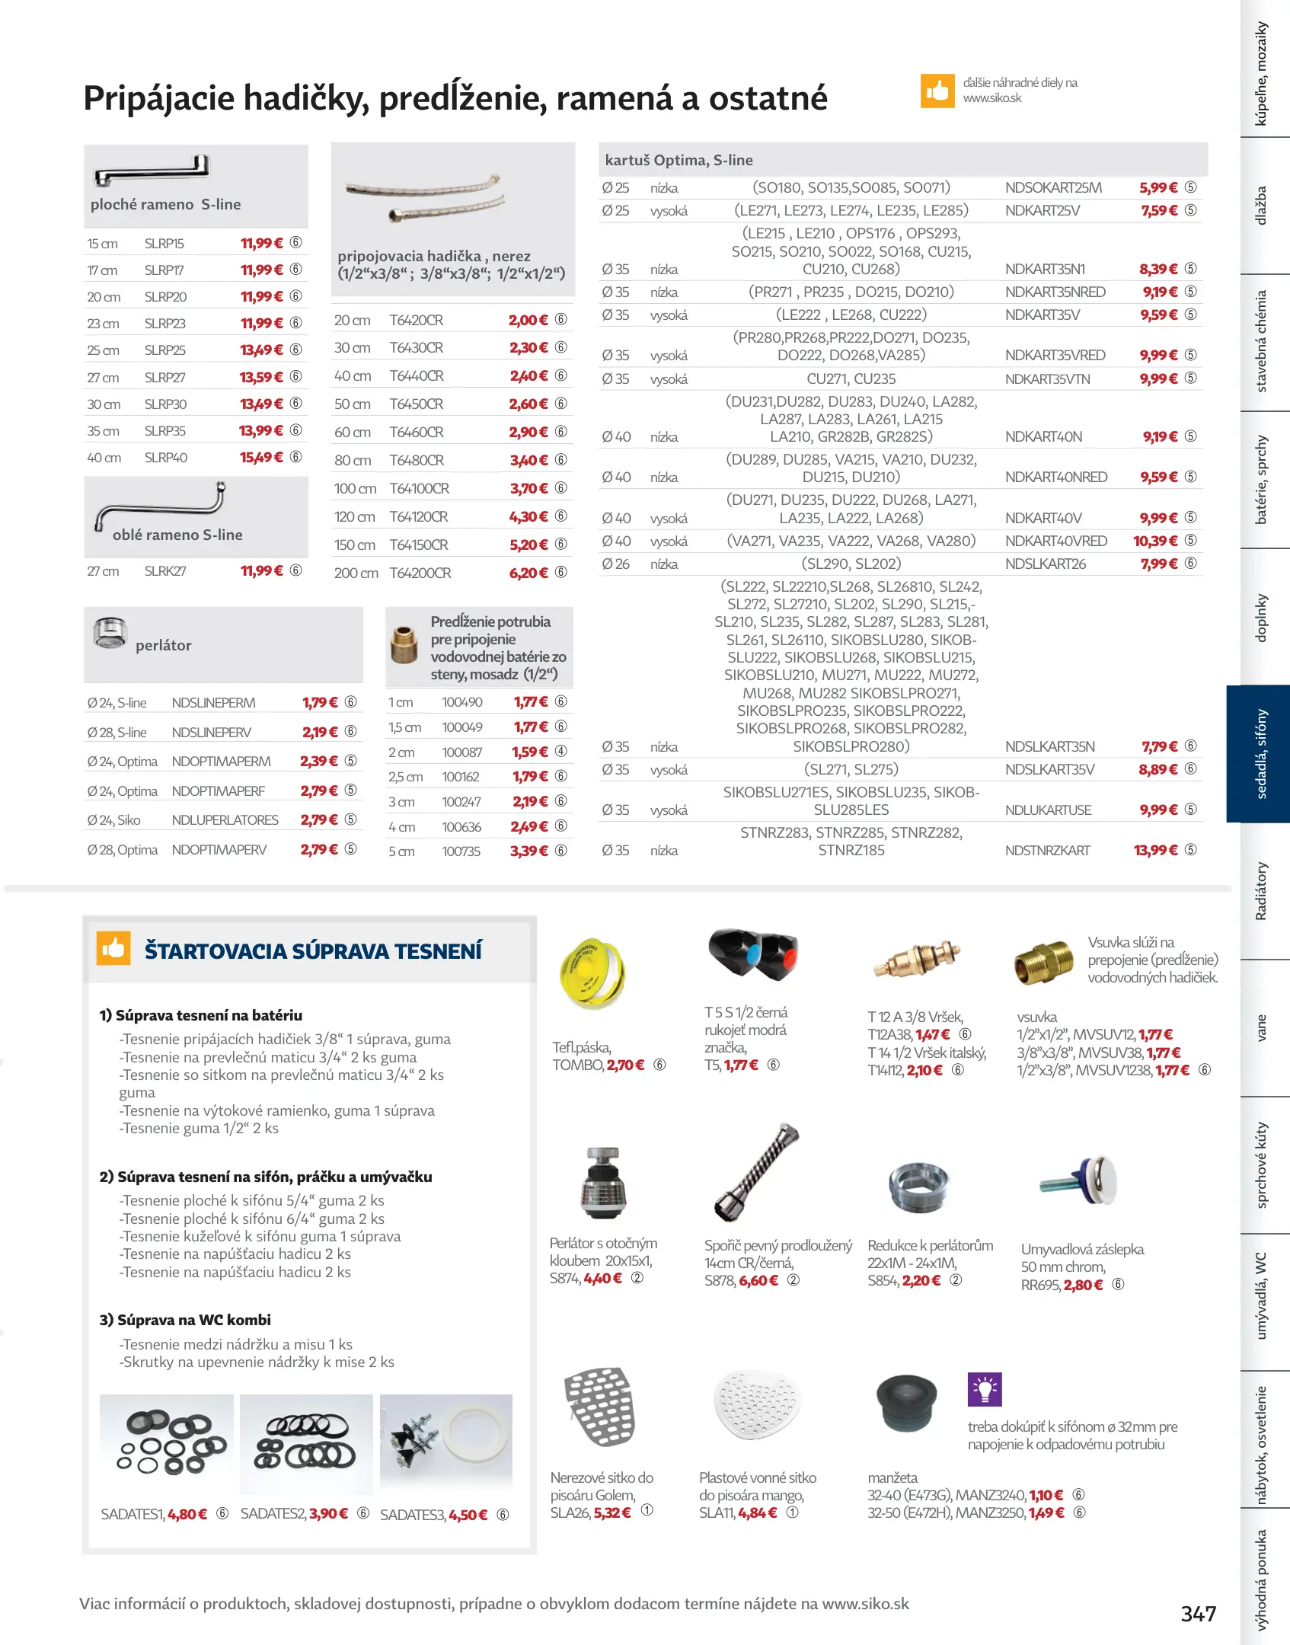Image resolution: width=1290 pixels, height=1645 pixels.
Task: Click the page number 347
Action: click(1198, 1613)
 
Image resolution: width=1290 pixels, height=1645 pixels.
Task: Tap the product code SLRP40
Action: click(165, 458)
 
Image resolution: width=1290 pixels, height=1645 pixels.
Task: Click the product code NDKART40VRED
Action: click(1055, 541)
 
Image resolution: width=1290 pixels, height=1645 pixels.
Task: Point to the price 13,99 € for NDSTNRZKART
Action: click(1155, 850)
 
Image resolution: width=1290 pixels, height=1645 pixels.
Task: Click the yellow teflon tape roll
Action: click(592, 974)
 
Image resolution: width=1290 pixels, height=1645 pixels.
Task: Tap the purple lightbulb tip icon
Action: click(984, 1389)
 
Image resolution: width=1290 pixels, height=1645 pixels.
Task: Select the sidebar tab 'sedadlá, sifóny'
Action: click(1260, 753)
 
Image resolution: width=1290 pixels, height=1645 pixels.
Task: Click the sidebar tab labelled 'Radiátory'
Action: click(1261, 890)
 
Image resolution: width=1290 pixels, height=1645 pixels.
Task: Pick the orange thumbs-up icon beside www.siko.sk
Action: click(937, 91)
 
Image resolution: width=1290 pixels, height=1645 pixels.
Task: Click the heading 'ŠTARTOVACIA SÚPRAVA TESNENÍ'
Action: click(313, 951)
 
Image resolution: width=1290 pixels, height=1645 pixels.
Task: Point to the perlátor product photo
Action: click(110, 633)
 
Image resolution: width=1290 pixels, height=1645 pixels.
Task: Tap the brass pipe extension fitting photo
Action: click(404, 645)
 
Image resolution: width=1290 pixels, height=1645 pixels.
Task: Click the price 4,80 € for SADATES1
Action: click(187, 1514)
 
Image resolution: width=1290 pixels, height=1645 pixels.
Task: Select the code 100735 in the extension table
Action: click(461, 851)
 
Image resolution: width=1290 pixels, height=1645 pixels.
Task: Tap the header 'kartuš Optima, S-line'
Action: click(679, 160)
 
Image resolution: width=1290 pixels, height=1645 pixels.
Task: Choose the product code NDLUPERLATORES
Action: click(225, 820)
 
